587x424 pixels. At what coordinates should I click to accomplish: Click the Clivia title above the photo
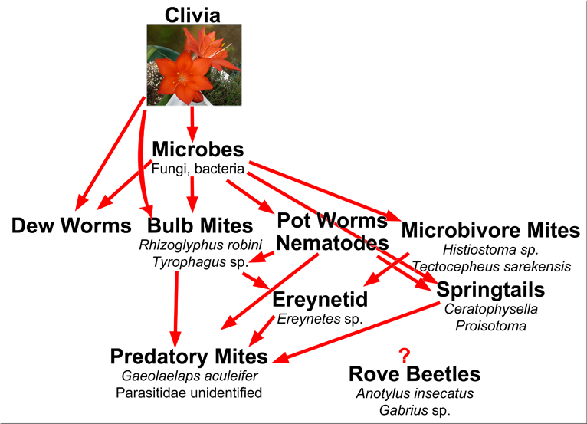tap(192, 15)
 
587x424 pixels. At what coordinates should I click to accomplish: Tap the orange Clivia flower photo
tap(194, 65)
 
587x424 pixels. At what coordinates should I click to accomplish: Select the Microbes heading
tap(198, 149)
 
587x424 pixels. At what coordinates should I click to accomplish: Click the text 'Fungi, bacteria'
tap(198, 169)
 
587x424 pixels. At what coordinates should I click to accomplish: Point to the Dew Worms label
tap(71, 225)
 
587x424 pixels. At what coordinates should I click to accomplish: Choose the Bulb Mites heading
tap(200, 225)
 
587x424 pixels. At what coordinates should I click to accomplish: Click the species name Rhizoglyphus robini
tap(200, 245)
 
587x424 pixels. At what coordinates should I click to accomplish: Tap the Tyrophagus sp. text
tap(200, 262)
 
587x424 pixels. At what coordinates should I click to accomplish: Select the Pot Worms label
tap(332, 220)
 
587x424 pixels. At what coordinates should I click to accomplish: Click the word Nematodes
tap(333, 243)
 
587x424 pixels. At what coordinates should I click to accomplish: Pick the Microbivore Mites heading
tap(490, 230)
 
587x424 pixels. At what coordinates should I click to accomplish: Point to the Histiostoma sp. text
tap(490, 249)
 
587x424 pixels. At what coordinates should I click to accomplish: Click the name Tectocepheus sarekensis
tap(491, 267)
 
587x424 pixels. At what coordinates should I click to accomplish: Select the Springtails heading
tap(490, 290)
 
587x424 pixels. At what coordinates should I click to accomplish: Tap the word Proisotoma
tap(490, 326)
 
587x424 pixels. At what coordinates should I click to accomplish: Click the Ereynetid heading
tap(320, 299)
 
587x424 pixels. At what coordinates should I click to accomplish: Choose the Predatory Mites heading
tap(189, 357)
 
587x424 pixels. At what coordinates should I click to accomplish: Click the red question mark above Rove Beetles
tap(405, 356)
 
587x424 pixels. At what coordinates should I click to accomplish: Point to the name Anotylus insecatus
tap(415, 393)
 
